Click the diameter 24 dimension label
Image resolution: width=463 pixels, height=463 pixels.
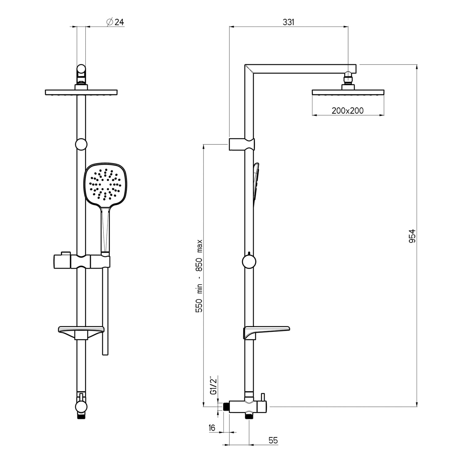pyautogui.click(x=115, y=22)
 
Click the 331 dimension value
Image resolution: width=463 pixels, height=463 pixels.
pyautogui.click(x=288, y=22)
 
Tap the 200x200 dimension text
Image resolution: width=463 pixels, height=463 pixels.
pyautogui.click(x=348, y=111)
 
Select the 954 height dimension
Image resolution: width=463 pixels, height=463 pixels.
pyautogui.click(x=412, y=236)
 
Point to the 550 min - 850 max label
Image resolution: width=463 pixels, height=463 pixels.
pyautogui.click(x=199, y=276)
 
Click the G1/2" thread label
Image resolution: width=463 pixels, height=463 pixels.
pyautogui.click(x=213, y=385)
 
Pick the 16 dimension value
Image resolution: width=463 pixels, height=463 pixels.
pyautogui.click(x=212, y=428)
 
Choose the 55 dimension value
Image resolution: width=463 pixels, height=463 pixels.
pyautogui.click(x=273, y=440)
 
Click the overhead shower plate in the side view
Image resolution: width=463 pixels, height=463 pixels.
pyautogui.click(x=348, y=92)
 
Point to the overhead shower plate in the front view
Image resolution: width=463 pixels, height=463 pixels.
pyautogui.click(x=81, y=92)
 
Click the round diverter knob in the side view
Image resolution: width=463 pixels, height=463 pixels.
pyautogui.click(x=249, y=262)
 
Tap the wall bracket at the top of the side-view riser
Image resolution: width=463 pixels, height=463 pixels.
pyautogui.click(x=242, y=144)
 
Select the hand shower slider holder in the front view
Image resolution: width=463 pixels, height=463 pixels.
pyautogui.click(x=82, y=261)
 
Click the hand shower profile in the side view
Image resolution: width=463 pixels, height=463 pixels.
pyautogui.click(x=256, y=182)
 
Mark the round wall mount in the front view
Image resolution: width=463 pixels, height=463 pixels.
pyautogui.click(x=81, y=144)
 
